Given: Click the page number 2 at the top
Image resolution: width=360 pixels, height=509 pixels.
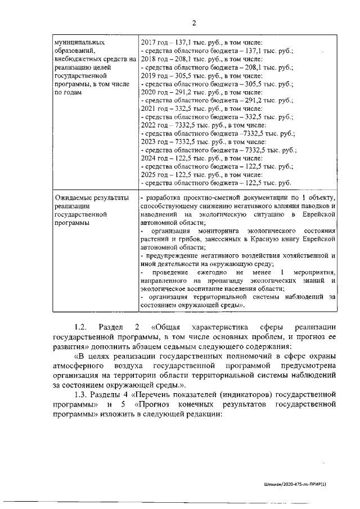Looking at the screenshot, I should click(x=194, y=23).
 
